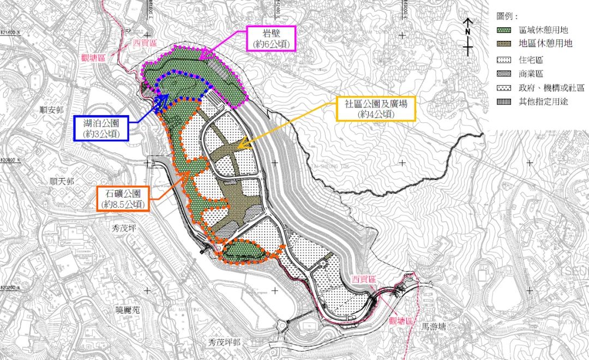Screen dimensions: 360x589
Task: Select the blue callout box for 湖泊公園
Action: (x=102, y=128)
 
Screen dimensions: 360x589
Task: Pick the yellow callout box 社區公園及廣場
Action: (x=376, y=109)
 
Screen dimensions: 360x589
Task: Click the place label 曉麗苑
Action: (x=128, y=310)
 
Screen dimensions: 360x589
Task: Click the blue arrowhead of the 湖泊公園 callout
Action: (x=163, y=100)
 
